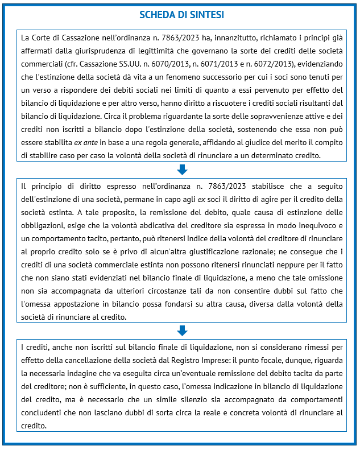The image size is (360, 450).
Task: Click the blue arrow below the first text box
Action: [182, 169]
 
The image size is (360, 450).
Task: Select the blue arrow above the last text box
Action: [182, 331]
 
